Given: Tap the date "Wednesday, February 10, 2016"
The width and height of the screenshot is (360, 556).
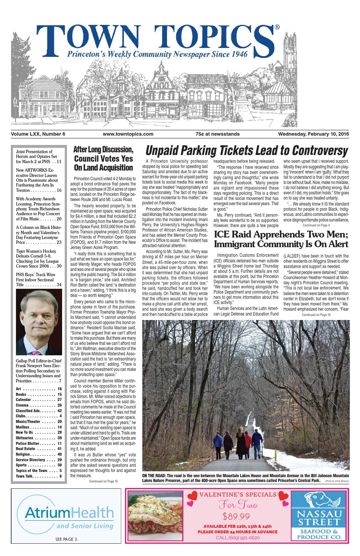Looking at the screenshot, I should tap(314, 134).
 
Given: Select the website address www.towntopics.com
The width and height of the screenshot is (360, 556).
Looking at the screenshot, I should tap(128, 134).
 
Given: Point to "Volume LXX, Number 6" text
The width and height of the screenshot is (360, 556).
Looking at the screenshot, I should tap(38, 134).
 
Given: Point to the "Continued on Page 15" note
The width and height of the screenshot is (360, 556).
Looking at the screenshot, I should tap(103, 482).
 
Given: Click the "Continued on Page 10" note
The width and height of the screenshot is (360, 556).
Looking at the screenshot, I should tap(316, 315).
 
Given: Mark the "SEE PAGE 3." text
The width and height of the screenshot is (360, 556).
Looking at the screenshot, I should tap(67, 540).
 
